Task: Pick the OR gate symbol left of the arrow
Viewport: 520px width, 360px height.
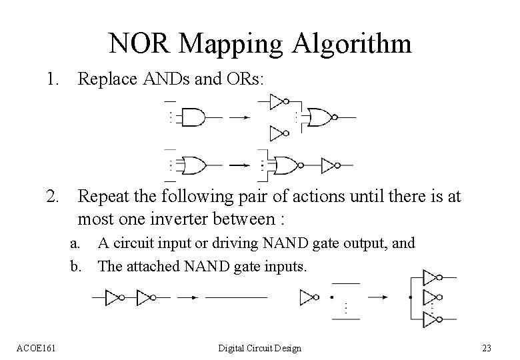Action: [x=194, y=165]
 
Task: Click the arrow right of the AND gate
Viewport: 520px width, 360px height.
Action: [x=239, y=117]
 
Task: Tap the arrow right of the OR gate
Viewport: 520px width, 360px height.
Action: [x=239, y=165]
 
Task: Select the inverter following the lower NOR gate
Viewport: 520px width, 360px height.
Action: [x=331, y=165]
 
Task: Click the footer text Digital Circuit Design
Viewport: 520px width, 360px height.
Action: [x=260, y=348]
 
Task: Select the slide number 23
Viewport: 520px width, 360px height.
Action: [x=486, y=348]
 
